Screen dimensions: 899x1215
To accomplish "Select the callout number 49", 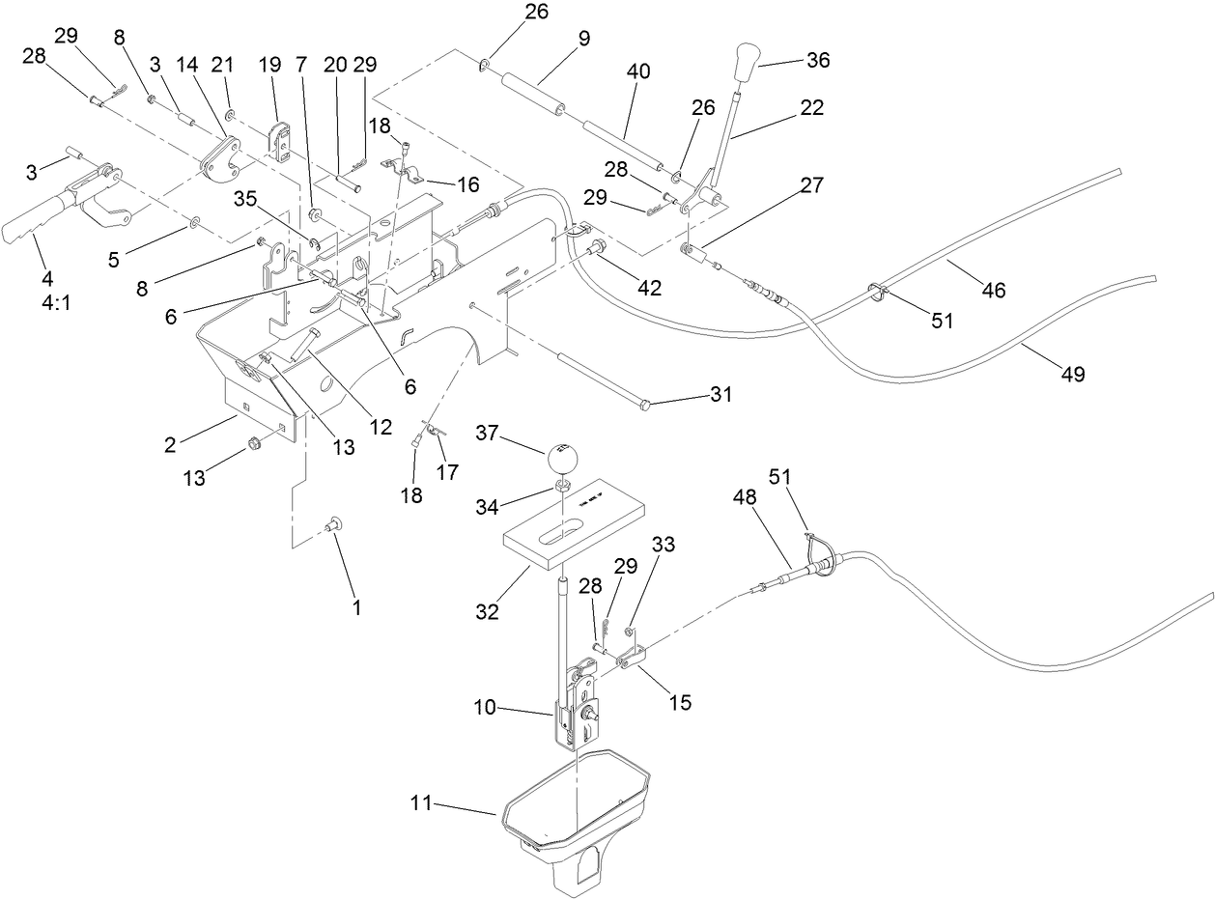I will (x=1072, y=374).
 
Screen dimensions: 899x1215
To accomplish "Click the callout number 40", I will (x=638, y=71).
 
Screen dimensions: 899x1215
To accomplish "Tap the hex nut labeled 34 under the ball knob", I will (x=561, y=484).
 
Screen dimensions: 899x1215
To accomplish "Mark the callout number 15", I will (x=680, y=702).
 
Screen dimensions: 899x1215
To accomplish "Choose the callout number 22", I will (x=812, y=108).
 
